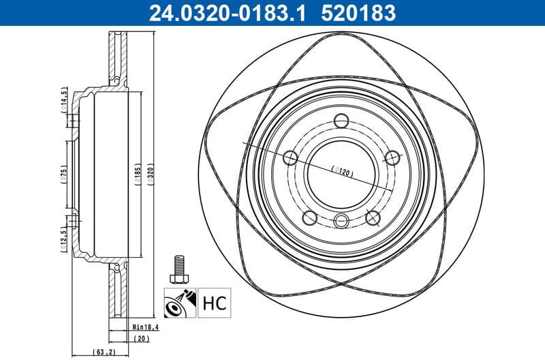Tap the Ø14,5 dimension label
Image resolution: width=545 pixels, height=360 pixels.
pyautogui.click(x=63, y=101)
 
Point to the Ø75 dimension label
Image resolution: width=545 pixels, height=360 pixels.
pyautogui.click(x=63, y=170)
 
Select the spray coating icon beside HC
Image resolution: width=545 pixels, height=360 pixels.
pyautogui.click(x=181, y=301)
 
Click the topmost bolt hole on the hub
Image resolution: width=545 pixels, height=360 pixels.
pyautogui.click(x=341, y=122)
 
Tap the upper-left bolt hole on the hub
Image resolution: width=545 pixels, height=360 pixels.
pyautogui.click(x=290, y=158)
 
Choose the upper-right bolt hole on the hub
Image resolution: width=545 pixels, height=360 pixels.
pyautogui.click(x=392, y=157)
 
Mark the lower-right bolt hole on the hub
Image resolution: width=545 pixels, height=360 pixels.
pyautogui.click(x=373, y=217)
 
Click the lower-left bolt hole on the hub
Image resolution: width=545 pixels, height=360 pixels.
pyautogui.click(x=309, y=217)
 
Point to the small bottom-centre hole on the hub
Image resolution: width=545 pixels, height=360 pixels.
pyautogui.click(x=341, y=220)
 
